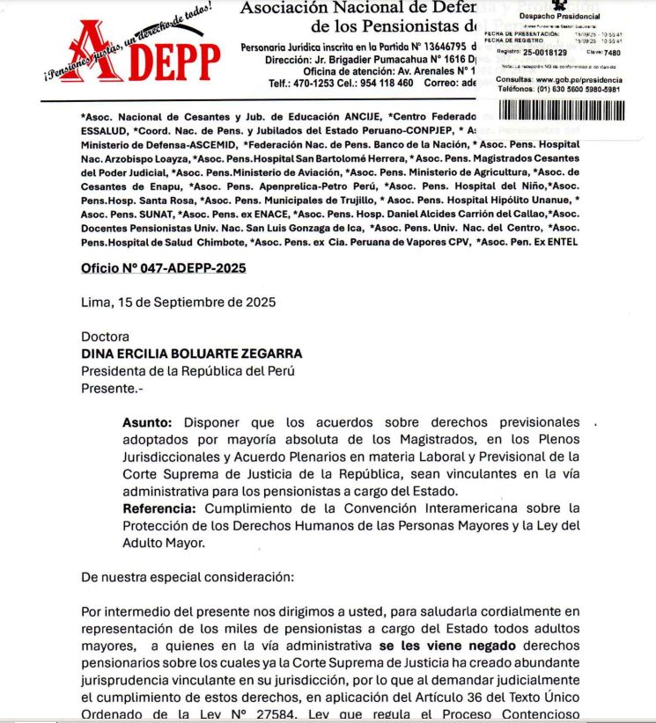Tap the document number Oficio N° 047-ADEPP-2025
coord(163,267)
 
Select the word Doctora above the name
coord(105,336)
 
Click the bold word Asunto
coord(144,421)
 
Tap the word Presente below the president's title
coord(108,386)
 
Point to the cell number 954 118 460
coord(380,83)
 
